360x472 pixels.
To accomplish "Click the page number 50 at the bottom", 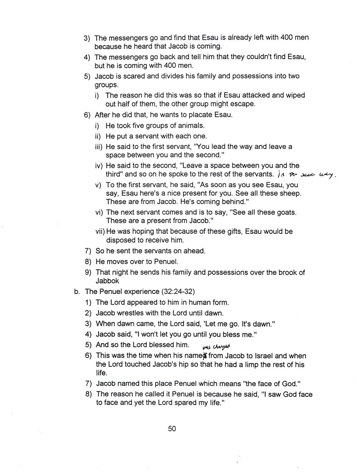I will coord(171,429).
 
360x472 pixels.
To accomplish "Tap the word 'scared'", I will coord(135,76).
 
